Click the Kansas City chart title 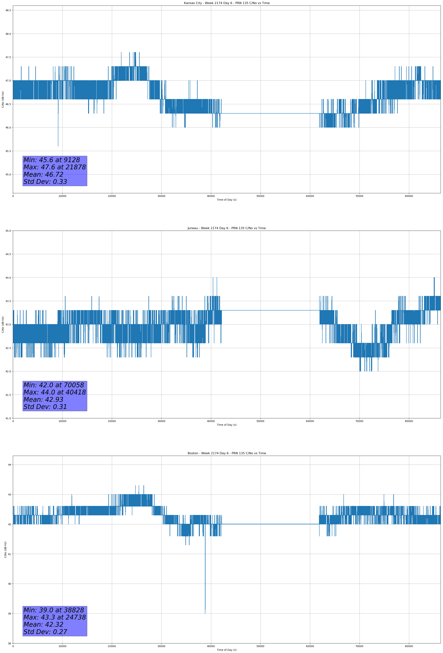(226, 3)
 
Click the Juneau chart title (226, 228)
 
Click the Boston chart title (226, 453)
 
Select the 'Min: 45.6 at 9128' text (52, 160)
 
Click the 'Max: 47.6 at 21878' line (54, 167)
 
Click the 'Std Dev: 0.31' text (45, 407)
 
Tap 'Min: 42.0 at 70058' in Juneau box (54, 385)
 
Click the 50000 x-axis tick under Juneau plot (260, 421)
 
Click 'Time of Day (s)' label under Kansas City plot (226, 200)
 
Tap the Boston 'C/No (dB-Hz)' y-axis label (5, 550)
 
